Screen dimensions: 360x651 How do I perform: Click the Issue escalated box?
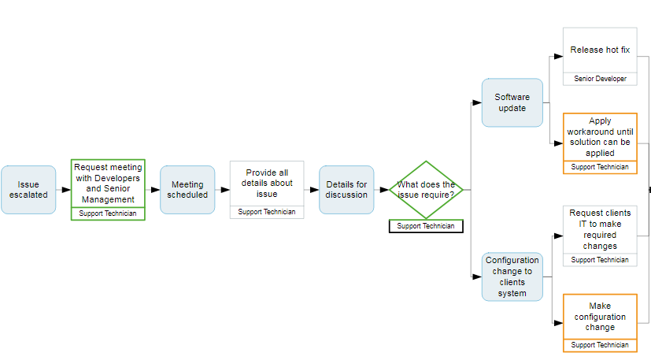click(28, 190)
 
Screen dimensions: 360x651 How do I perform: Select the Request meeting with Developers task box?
click(108, 183)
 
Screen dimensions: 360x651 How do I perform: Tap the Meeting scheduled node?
click(187, 190)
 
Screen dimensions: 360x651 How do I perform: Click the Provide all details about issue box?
click(267, 184)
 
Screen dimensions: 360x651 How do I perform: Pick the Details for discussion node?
click(346, 190)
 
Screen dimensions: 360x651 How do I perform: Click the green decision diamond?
click(426, 190)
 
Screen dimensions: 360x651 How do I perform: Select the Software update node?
click(512, 102)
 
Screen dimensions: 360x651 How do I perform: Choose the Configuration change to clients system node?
click(512, 276)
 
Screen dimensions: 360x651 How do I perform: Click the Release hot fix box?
click(600, 50)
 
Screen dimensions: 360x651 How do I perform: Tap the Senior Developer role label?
click(600, 79)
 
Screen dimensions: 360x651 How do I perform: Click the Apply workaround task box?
click(600, 137)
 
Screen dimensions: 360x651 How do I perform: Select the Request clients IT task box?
click(600, 229)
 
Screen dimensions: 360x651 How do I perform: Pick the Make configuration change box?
click(600, 316)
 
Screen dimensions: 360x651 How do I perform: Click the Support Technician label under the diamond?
click(426, 226)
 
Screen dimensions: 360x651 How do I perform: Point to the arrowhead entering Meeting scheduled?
click(155, 190)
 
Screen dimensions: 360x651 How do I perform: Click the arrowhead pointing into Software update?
click(476, 102)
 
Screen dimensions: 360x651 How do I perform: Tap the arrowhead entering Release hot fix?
click(558, 57)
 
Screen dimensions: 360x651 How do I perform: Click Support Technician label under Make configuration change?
click(600, 345)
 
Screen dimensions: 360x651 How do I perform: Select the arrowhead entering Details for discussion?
click(314, 190)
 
